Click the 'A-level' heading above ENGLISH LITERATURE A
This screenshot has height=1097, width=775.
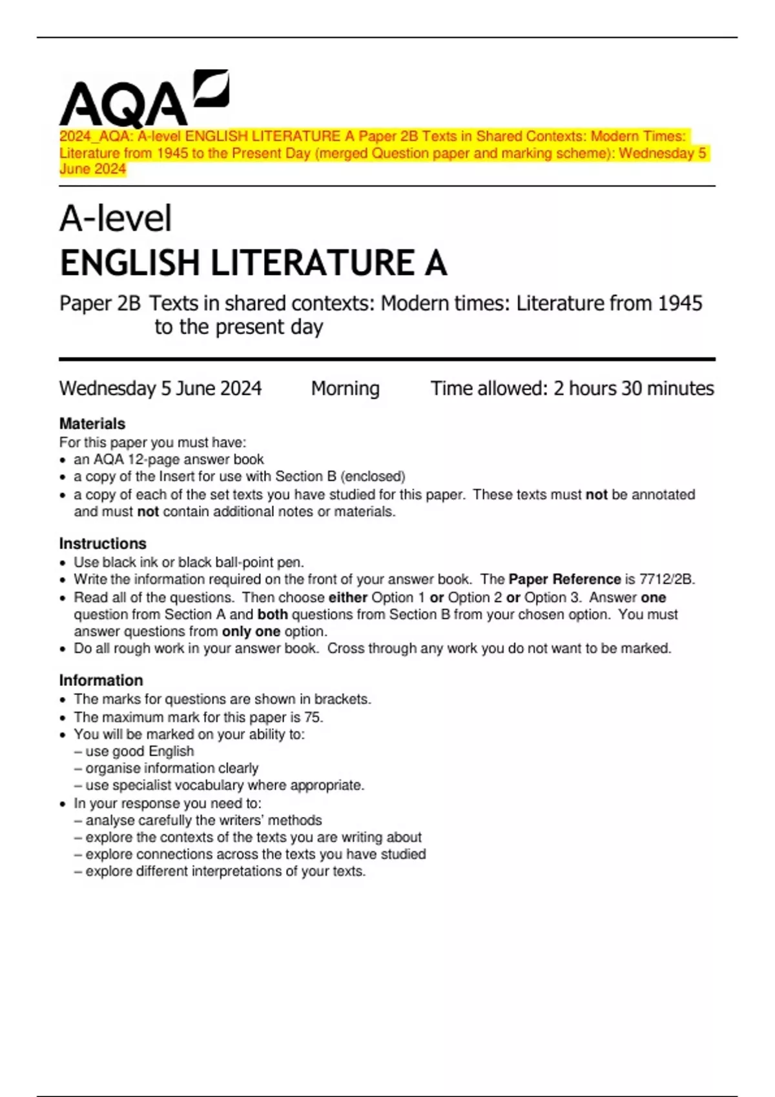(116, 219)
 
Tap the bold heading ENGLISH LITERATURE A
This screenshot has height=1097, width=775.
(253, 263)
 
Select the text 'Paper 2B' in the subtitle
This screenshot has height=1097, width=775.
(99, 303)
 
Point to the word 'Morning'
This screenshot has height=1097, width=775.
(345, 388)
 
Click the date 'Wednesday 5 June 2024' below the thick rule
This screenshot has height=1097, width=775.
(160, 388)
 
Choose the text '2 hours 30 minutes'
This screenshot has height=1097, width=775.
(633, 388)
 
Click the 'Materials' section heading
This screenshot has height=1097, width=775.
(92, 424)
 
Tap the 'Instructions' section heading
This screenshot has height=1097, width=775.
(103, 543)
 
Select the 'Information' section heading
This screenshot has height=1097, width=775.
(101, 680)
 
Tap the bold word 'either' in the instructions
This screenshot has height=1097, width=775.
(347, 598)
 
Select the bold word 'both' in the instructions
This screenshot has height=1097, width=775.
(273, 614)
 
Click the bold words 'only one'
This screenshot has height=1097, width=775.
(251, 631)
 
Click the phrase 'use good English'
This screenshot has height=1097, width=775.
(139, 751)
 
